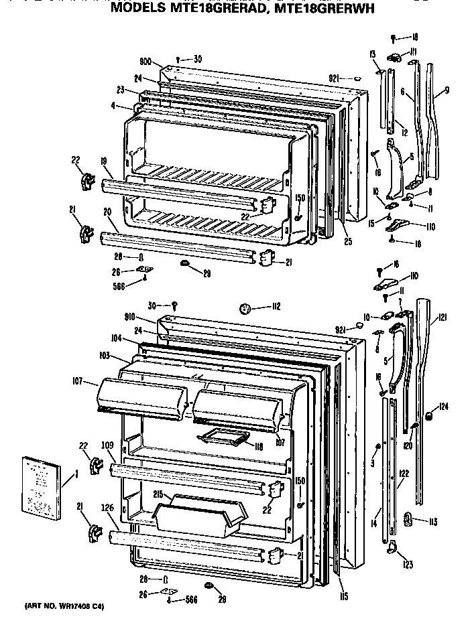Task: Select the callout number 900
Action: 147,60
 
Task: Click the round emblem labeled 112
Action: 245,309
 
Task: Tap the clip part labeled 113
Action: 408,518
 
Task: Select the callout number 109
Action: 107,445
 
